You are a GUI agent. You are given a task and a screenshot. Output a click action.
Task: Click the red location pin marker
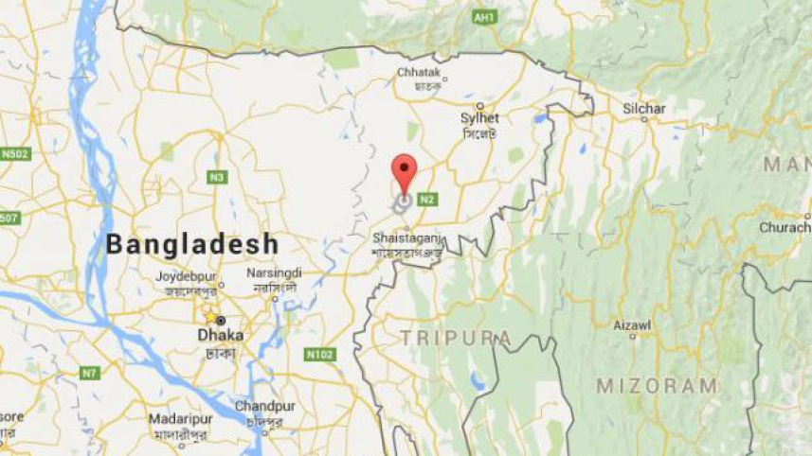[405, 171]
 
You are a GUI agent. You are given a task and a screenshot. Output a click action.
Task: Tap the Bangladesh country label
[192, 244]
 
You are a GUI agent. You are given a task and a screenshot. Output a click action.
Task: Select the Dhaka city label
[220, 335]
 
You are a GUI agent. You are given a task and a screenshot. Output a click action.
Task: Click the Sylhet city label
[479, 118]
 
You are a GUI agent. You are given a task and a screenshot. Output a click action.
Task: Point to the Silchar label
[644, 109]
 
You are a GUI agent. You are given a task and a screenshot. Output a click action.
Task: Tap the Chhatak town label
[420, 71]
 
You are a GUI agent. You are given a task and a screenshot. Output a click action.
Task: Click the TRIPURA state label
[456, 338]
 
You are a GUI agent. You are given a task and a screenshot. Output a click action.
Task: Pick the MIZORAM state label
[657, 385]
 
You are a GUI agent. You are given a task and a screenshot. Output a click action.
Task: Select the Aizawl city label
[632, 324]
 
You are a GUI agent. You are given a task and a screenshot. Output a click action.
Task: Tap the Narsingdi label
[273, 272]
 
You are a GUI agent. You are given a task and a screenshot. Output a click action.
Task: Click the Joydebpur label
[186, 277]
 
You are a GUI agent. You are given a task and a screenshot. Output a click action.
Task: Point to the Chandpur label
[260, 406]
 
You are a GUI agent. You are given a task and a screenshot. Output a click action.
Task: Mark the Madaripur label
[180, 419]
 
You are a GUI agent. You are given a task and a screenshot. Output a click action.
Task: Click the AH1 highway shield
[484, 18]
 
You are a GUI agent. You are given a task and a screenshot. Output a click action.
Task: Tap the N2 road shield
[428, 199]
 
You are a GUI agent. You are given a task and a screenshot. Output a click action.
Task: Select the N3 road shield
[217, 177]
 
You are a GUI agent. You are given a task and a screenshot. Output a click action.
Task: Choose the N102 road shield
[320, 355]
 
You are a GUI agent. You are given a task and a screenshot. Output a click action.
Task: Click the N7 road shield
[89, 373]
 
